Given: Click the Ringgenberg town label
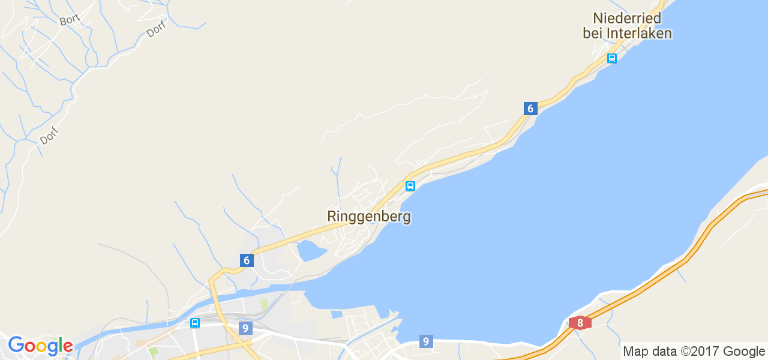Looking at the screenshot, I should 369,216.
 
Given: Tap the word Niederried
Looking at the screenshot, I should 627,18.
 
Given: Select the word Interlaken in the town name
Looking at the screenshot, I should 641,34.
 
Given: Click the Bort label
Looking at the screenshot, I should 70,20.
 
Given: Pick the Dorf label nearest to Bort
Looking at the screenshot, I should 156,29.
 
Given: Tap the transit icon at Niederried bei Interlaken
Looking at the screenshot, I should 611,58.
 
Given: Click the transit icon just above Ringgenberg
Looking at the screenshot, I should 410,186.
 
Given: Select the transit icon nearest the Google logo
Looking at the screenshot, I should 195,323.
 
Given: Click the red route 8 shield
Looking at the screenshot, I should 580,323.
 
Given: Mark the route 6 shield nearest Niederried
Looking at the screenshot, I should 529,109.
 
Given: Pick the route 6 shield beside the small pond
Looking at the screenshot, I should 246,260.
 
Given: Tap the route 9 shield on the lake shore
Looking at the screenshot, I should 425,341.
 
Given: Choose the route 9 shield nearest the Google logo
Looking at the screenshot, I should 244,328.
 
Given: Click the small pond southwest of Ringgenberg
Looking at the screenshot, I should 310,250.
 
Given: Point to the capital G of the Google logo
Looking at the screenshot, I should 16,346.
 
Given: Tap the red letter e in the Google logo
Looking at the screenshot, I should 67,347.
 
